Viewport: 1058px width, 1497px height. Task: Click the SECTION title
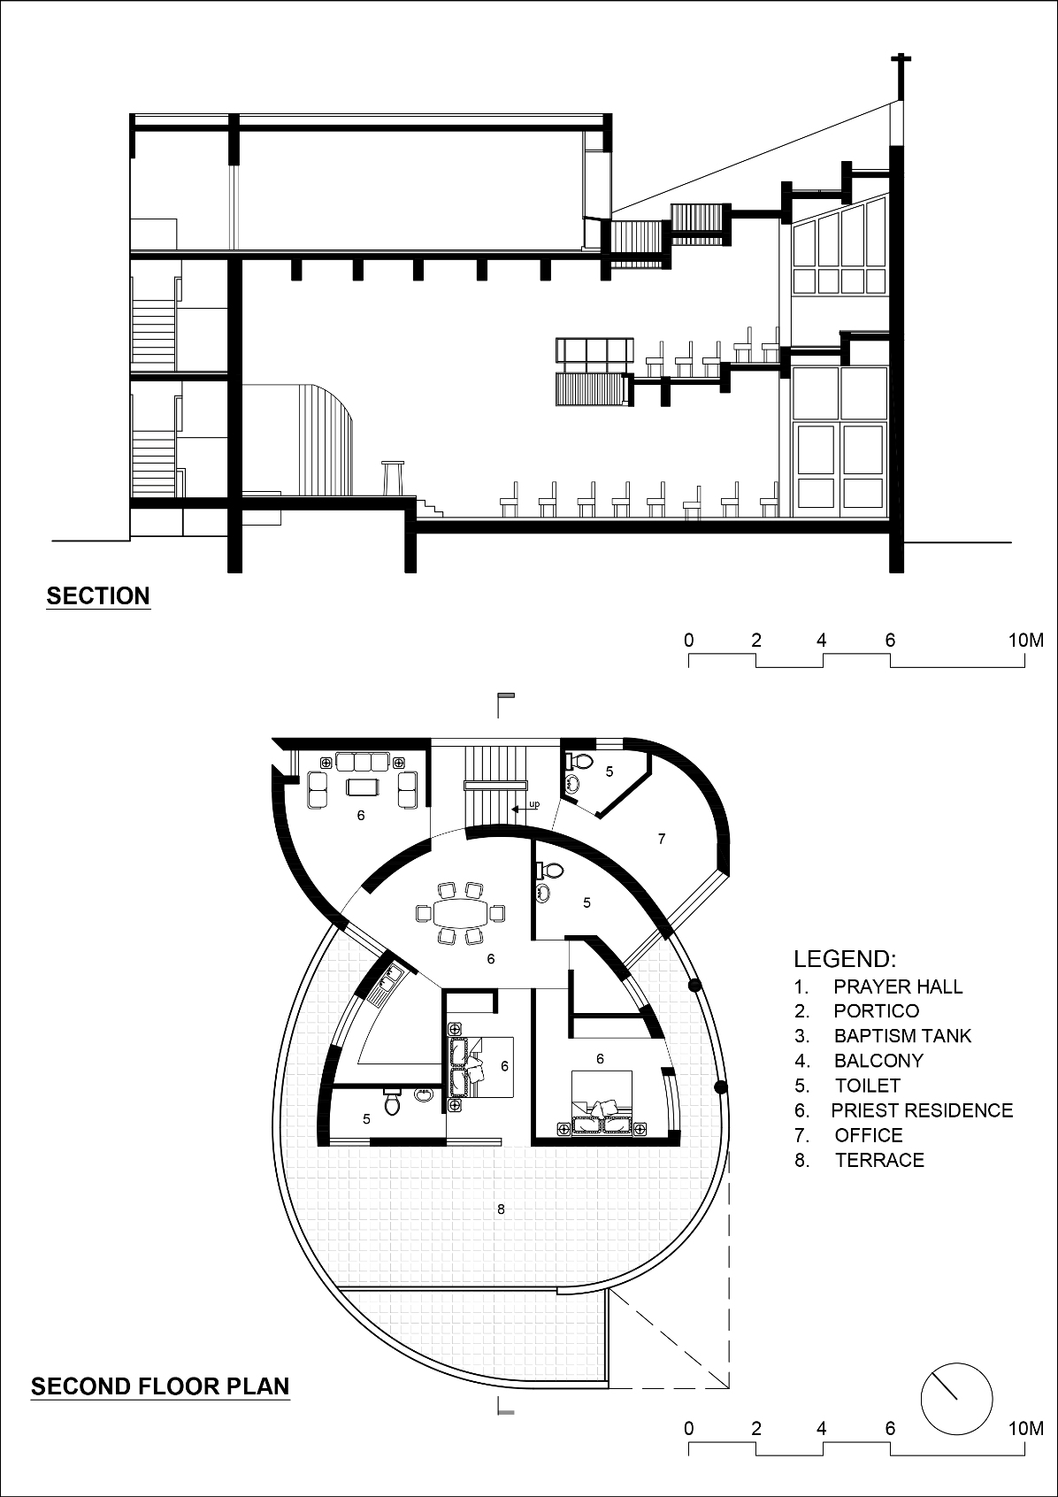98,595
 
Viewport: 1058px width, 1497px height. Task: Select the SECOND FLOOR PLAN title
160,1386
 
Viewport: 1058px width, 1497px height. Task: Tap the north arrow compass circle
956,1399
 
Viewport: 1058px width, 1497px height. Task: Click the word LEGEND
845,959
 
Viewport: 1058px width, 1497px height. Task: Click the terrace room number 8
502,1209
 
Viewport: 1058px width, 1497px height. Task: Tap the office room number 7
662,839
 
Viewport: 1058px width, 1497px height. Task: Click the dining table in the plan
461,912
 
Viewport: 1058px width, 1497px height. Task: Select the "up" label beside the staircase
534,804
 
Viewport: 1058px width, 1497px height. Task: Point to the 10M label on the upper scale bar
1025,641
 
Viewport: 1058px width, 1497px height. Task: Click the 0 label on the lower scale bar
689,1428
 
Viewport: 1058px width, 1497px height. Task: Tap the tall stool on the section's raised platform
393,478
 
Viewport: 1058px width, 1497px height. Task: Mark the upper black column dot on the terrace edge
694,985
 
